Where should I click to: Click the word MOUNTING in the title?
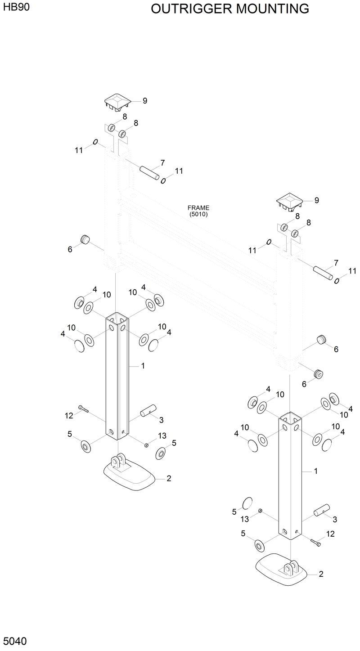[272, 9]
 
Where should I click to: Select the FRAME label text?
[198, 208]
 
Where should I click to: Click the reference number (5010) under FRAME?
[198, 214]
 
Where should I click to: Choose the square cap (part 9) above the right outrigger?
[289, 202]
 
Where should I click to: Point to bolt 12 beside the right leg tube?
[315, 541]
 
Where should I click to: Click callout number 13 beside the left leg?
[162, 436]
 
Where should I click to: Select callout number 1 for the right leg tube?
[316, 471]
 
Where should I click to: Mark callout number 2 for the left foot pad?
[169, 479]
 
